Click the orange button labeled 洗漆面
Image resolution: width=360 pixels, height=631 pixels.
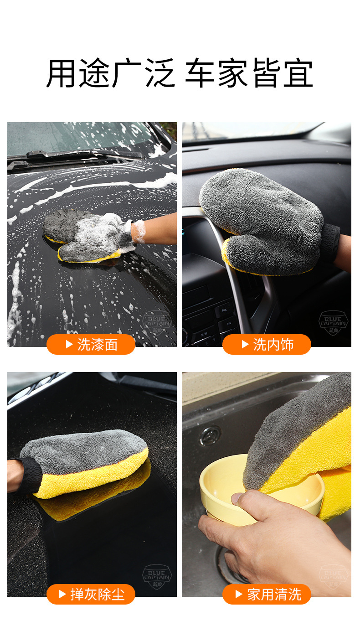pyautogui.click(x=91, y=345)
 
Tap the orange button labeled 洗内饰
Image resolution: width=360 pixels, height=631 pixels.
pyautogui.click(x=267, y=345)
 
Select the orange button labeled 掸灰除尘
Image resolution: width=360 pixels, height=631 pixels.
pyautogui.click(x=91, y=595)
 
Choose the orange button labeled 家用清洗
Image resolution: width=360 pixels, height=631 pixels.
pyautogui.click(x=267, y=595)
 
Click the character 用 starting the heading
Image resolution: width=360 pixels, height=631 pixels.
pyautogui.click(x=62, y=73)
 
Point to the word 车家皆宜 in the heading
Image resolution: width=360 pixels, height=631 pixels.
pyautogui.click(x=249, y=73)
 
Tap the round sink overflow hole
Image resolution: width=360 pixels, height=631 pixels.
pyautogui.click(x=210, y=435)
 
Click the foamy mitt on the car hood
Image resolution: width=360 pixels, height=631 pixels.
pyautogui.click(x=89, y=235)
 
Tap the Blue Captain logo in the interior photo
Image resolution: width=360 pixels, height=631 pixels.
pyautogui.click(x=333, y=323)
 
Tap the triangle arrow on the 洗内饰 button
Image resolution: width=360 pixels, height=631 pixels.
pyautogui.click(x=245, y=345)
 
